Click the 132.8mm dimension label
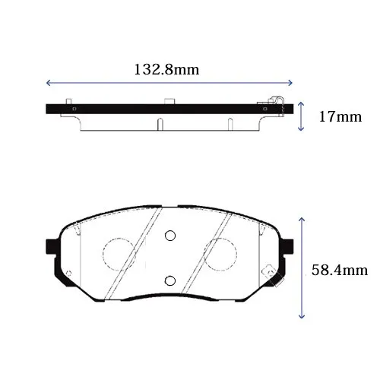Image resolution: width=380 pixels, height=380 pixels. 166,70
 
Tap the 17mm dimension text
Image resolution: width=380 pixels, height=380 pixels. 340,117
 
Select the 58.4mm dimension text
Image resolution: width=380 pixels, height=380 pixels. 340,270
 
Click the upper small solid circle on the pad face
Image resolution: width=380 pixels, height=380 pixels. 170,236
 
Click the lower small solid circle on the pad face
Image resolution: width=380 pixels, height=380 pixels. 170,280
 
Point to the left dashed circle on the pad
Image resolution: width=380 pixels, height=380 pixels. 103,254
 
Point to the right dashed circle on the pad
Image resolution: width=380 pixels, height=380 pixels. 237,254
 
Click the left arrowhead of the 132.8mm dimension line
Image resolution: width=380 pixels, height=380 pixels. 48,83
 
